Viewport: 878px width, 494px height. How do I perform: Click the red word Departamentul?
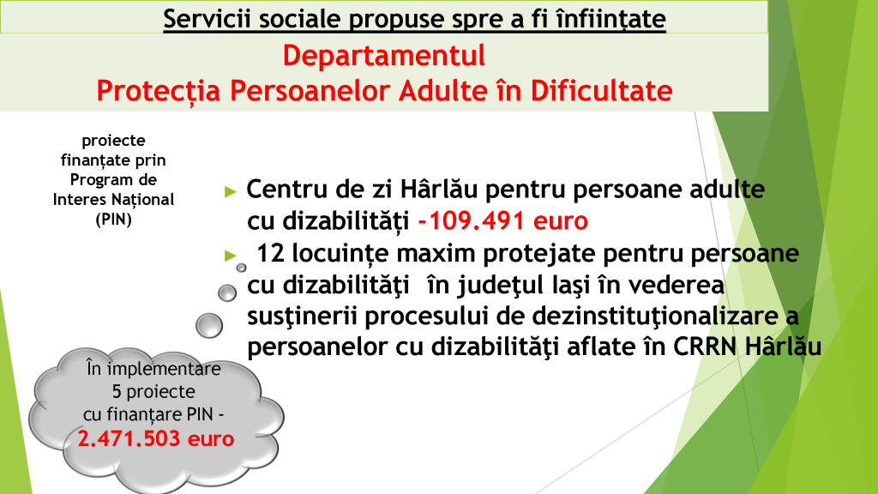(x=383, y=56)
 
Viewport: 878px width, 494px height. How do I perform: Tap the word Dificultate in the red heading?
(x=601, y=91)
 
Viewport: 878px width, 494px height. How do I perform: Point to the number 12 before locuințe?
(x=270, y=254)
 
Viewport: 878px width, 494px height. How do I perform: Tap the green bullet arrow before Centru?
(x=230, y=192)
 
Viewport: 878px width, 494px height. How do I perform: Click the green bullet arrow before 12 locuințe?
(x=230, y=256)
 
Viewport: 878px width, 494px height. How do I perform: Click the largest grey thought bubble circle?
(x=209, y=325)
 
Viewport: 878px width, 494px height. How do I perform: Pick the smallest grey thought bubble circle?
(x=241, y=268)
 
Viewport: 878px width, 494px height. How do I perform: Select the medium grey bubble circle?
(x=226, y=293)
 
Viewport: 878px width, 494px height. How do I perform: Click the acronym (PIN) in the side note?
(x=114, y=219)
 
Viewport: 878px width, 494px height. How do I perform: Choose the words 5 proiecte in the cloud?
(x=153, y=391)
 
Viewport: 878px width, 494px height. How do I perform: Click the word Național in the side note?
(x=143, y=199)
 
